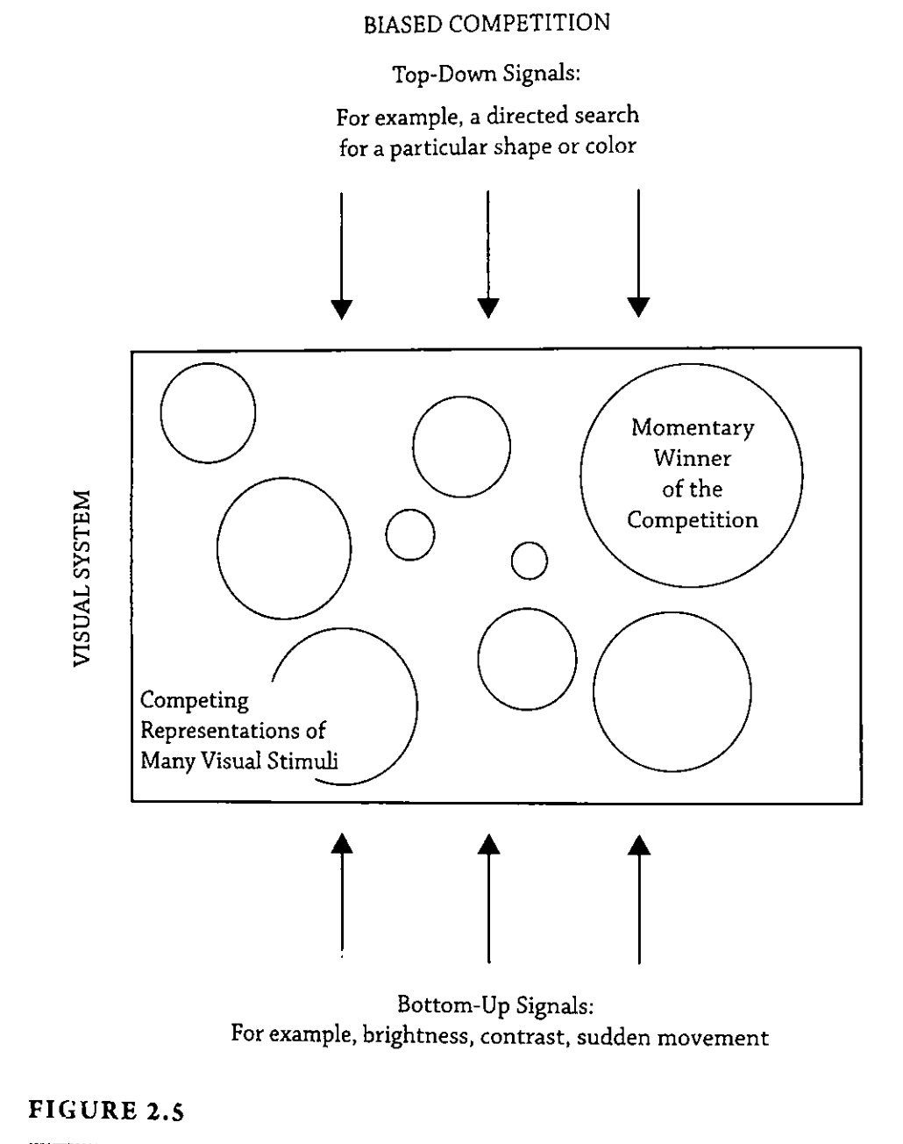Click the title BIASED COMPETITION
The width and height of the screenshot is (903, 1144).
[487, 24]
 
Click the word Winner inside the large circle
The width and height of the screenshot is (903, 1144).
[692, 458]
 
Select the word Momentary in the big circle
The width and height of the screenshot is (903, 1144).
[692, 428]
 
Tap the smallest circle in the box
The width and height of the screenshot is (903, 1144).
[530, 561]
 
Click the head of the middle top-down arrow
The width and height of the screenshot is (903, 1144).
[488, 307]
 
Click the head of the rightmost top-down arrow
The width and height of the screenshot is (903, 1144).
[639, 307]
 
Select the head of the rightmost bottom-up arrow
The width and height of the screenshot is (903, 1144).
[640, 843]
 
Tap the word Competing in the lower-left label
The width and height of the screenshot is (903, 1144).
[195, 702]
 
